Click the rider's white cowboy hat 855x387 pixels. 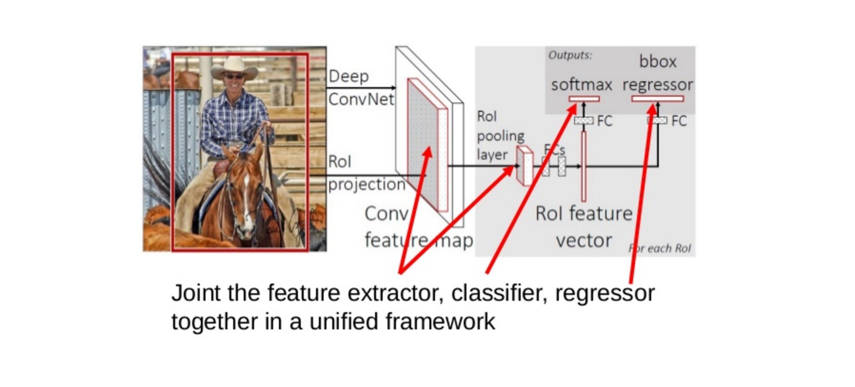click(x=234, y=67)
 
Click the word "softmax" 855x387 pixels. click(x=582, y=85)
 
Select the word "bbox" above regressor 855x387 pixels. click(x=658, y=62)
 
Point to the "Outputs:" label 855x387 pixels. click(x=570, y=55)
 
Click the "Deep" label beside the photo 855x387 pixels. click(x=348, y=77)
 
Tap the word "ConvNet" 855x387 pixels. click(x=361, y=99)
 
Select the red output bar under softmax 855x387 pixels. click(x=584, y=99)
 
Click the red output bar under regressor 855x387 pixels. click(x=658, y=98)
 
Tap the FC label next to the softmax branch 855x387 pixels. click(x=605, y=121)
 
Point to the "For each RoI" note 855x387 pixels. click(x=660, y=248)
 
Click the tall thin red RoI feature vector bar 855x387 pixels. click(x=584, y=166)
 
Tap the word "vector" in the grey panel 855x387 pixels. click(x=584, y=240)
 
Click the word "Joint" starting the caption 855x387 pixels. click(x=196, y=293)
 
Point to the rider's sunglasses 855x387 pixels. click(x=234, y=77)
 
